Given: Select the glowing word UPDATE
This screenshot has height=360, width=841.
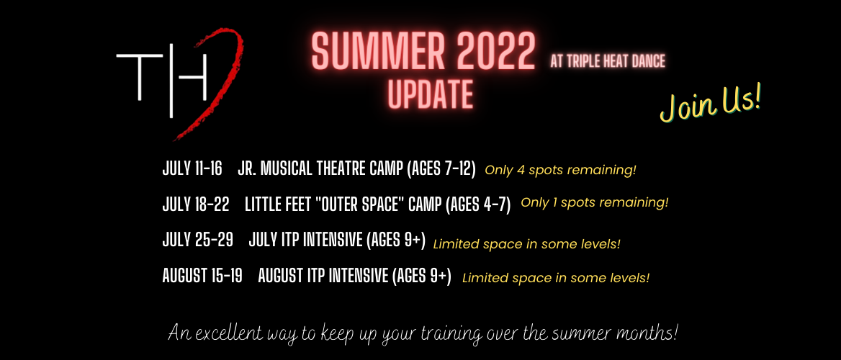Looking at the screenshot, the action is click(x=430, y=94).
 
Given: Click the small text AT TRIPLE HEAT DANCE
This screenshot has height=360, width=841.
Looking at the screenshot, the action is click(x=608, y=62).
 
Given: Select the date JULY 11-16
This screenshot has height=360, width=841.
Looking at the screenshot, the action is click(x=192, y=168).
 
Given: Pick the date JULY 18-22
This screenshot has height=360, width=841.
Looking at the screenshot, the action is click(x=196, y=204).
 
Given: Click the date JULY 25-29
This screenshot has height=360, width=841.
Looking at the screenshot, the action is click(x=197, y=240).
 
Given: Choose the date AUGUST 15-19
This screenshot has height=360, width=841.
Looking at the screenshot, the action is click(x=202, y=276).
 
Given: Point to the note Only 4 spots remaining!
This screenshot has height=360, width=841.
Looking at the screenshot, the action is click(x=560, y=170).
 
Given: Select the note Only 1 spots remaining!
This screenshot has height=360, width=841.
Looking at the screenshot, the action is click(x=595, y=203).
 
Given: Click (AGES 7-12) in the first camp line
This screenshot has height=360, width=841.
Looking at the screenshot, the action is click(x=441, y=168).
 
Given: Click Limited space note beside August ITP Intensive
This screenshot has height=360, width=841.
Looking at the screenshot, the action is click(x=556, y=279).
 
